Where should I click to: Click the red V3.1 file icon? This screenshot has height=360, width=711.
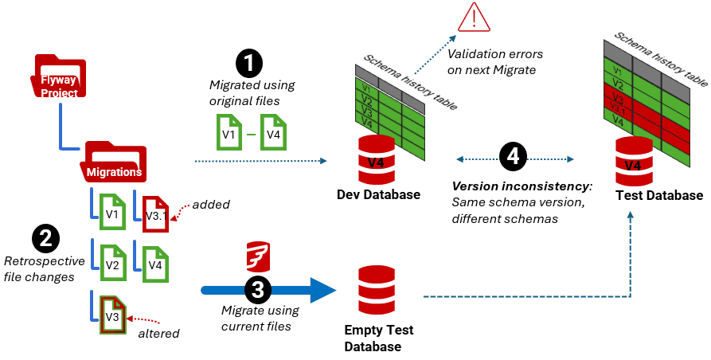tap(156, 210)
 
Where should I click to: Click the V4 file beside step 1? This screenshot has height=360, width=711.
tap(273, 132)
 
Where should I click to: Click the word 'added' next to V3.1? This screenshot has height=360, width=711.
tap(212, 205)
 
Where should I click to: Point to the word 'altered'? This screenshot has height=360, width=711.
tap(158, 333)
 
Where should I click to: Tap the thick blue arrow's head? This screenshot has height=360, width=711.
tap(322, 289)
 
